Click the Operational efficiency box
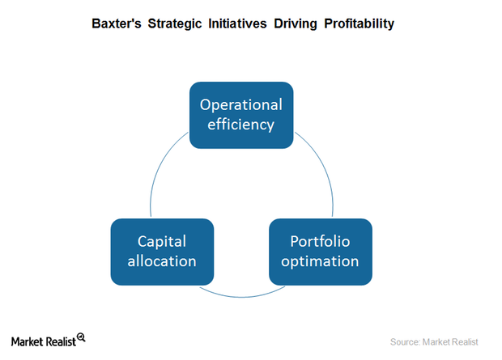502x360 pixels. (241, 115)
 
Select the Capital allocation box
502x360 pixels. (162, 251)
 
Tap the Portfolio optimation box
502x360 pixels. (320, 251)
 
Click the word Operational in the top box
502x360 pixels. (241, 105)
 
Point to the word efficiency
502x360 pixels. (241, 125)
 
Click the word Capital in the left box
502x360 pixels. (162, 241)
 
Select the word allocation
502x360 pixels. (162, 261)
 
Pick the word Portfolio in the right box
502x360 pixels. (320, 241)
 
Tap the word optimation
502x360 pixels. (320, 261)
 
